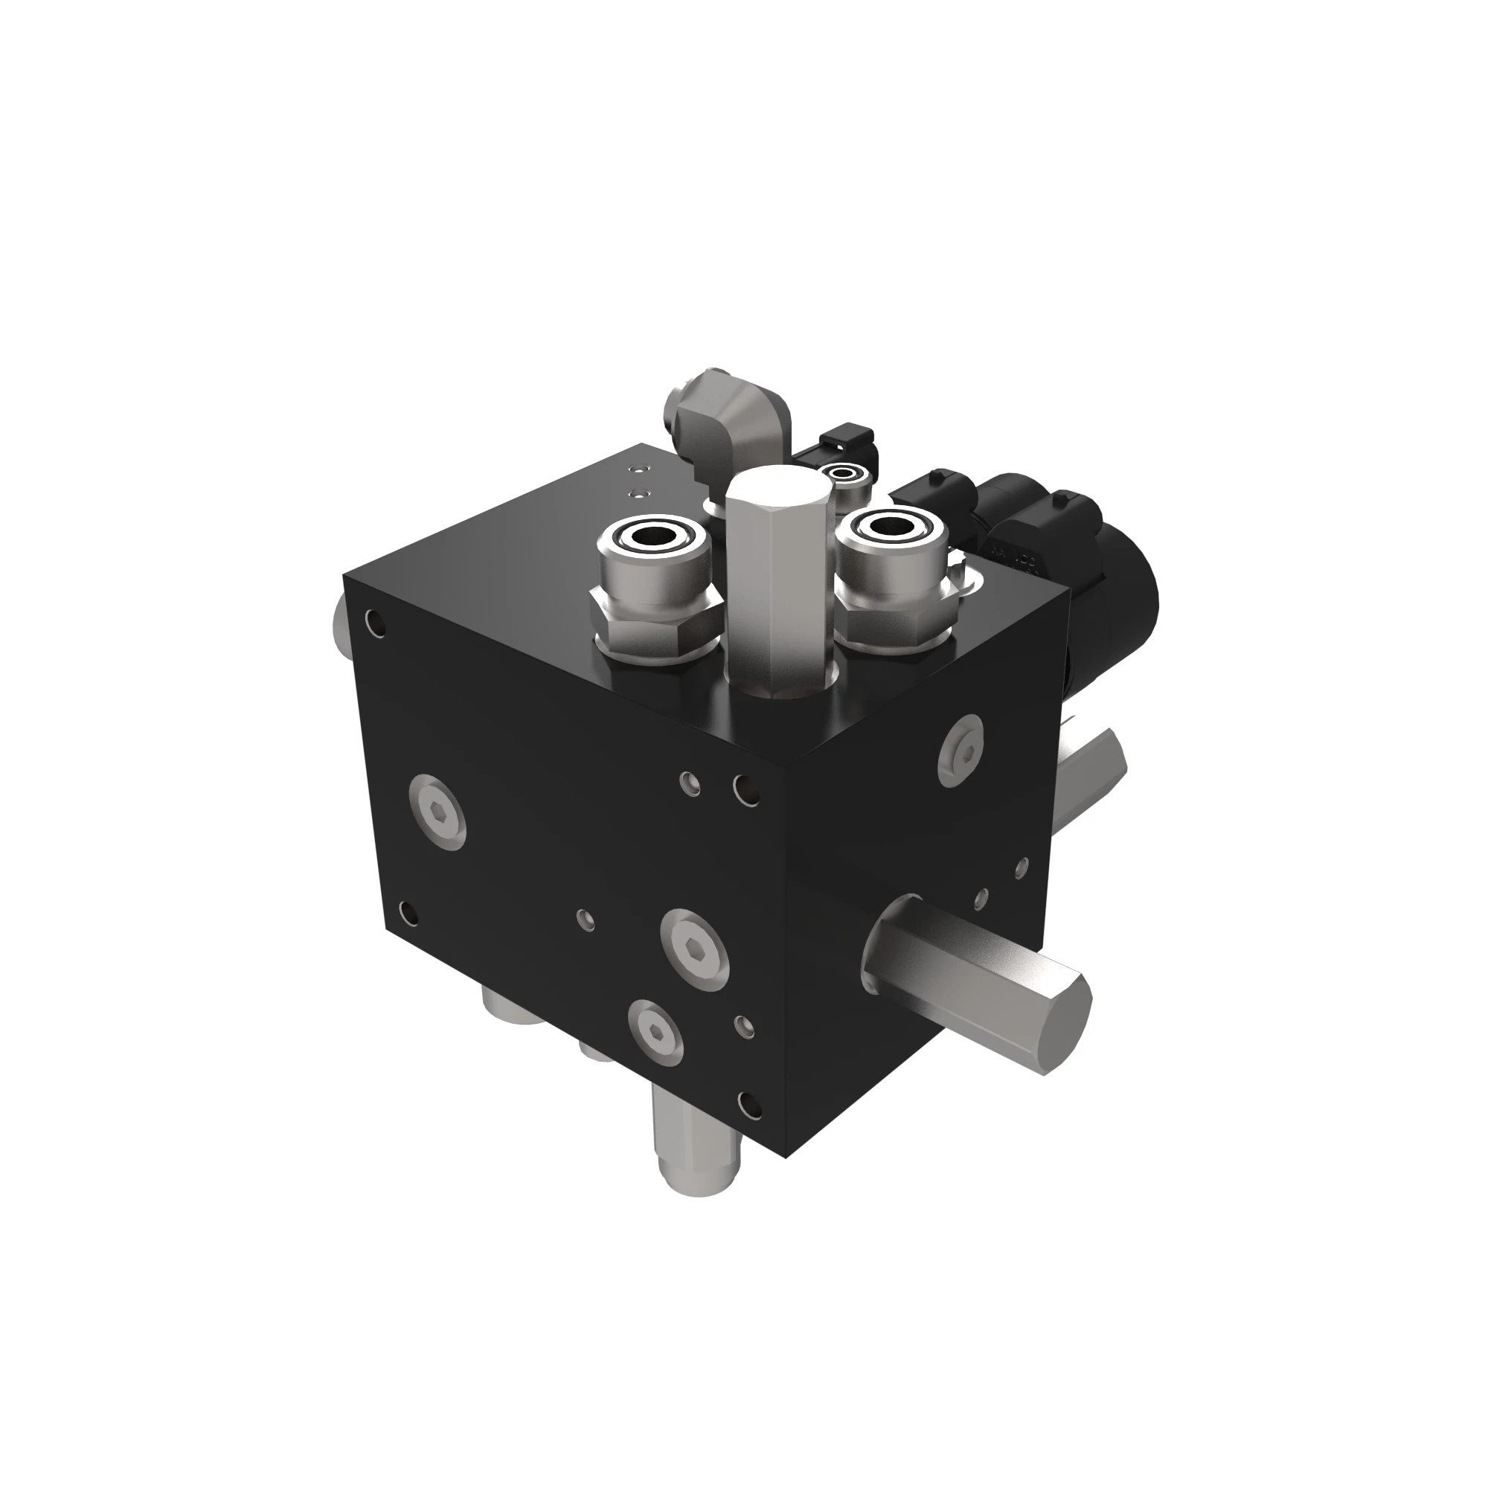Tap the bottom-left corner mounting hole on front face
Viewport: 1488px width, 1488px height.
(x=410, y=914)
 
